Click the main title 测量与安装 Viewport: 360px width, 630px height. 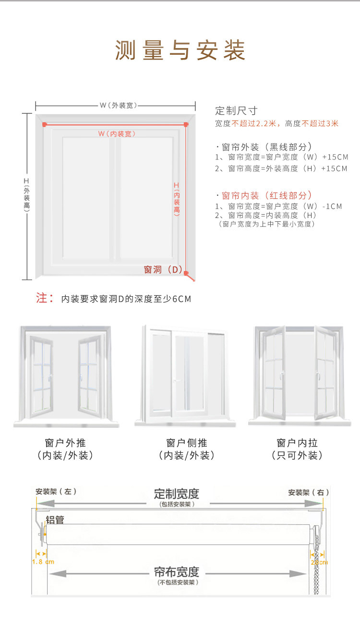[x=180, y=50]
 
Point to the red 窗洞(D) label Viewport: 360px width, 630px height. [x=163, y=270]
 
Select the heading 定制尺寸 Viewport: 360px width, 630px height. [x=237, y=110]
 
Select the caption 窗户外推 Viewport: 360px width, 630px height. [x=65, y=443]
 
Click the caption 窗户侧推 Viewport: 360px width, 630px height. [x=187, y=443]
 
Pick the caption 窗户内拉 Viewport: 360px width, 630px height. [x=297, y=443]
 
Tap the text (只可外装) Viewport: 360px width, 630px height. [x=297, y=456]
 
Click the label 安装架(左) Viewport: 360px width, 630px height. [x=56, y=492]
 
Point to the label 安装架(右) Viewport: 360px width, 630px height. [x=309, y=492]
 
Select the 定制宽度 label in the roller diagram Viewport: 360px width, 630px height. [x=177, y=493]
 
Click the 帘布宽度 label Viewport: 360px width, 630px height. [x=176, y=572]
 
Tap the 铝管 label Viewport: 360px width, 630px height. [x=55, y=520]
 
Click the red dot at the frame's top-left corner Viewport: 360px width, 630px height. [x=44, y=124]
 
